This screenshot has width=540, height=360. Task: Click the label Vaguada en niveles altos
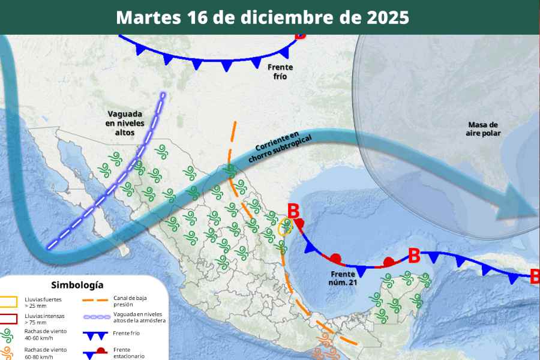tap(125, 122)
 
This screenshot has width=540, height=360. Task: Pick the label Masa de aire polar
tap(483, 128)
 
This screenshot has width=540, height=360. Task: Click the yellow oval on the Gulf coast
tap(286, 226)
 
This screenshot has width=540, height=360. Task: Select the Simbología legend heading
tap(77, 285)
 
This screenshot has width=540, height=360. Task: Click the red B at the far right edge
tap(534, 277)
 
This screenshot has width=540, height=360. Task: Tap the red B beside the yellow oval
tap(293, 211)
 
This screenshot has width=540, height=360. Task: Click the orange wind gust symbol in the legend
tap(10, 353)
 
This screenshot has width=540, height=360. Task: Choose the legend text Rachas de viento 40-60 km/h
tap(46, 334)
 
